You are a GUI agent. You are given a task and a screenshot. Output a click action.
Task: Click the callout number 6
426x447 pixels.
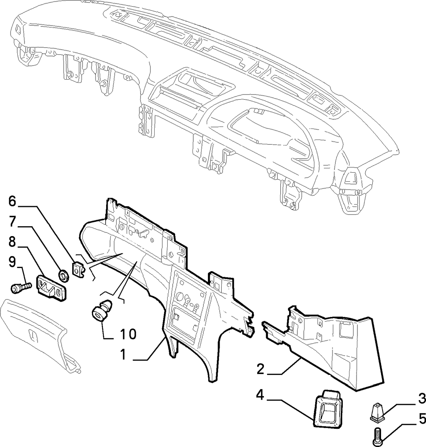click(12, 201)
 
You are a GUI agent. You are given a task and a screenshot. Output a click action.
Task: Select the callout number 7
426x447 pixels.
click(12, 222)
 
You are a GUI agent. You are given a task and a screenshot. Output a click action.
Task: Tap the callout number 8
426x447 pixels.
click(12, 242)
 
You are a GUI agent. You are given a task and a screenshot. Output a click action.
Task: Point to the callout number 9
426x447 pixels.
click(12, 262)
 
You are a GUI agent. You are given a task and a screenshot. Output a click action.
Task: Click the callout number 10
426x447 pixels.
click(128, 334)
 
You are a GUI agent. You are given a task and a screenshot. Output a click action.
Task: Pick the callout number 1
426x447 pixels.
click(123, 355)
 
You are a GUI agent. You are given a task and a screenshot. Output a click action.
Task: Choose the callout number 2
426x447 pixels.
click(260, 369)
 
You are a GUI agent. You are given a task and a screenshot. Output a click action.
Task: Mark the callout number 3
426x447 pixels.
click(422, 399)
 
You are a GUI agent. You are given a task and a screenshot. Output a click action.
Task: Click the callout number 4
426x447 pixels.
click(260, 396)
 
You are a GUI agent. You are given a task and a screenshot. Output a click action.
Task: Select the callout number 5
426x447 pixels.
click(422, 419)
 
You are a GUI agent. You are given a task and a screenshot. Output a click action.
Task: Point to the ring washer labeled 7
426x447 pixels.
click(64, 276)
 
